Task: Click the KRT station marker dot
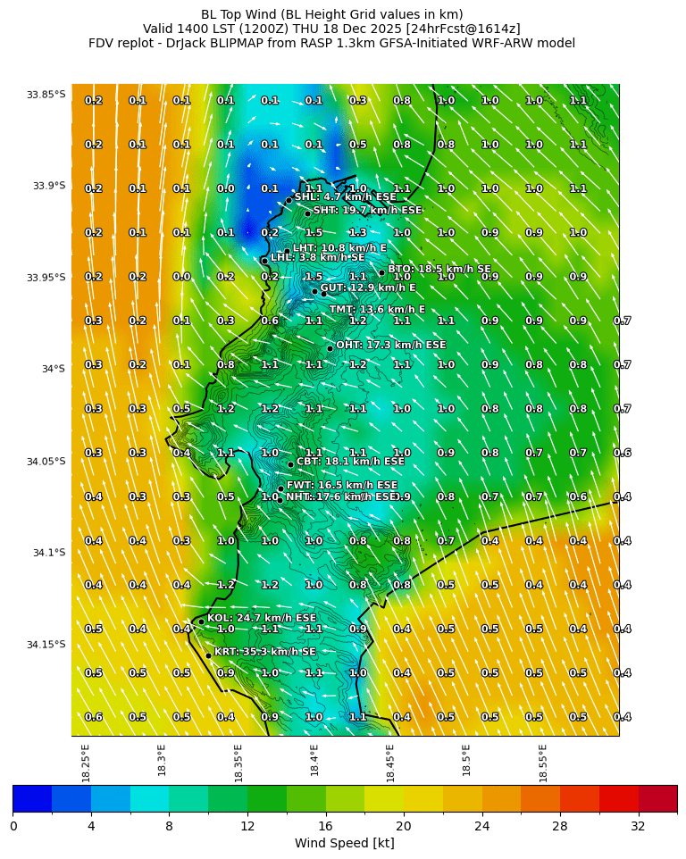tap(208, 655)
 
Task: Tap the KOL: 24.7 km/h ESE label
tap(261, 618)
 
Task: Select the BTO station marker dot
tap(381, 273)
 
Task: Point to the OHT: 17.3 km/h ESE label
tap(390, 345)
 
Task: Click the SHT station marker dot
tap(307, 213)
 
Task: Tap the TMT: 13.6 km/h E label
tap(377, 310)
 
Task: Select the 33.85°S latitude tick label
tap(46, 95)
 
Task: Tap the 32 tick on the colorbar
tap(638, 827)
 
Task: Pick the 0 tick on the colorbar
tap(13, 827)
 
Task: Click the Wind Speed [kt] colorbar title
tap(344, 844)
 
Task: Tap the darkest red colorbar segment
tap(657, 799)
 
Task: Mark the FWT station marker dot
tap(280, 488)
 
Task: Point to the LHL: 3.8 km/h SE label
tap(317, 257)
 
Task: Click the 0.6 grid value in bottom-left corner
tap(93, 717)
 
